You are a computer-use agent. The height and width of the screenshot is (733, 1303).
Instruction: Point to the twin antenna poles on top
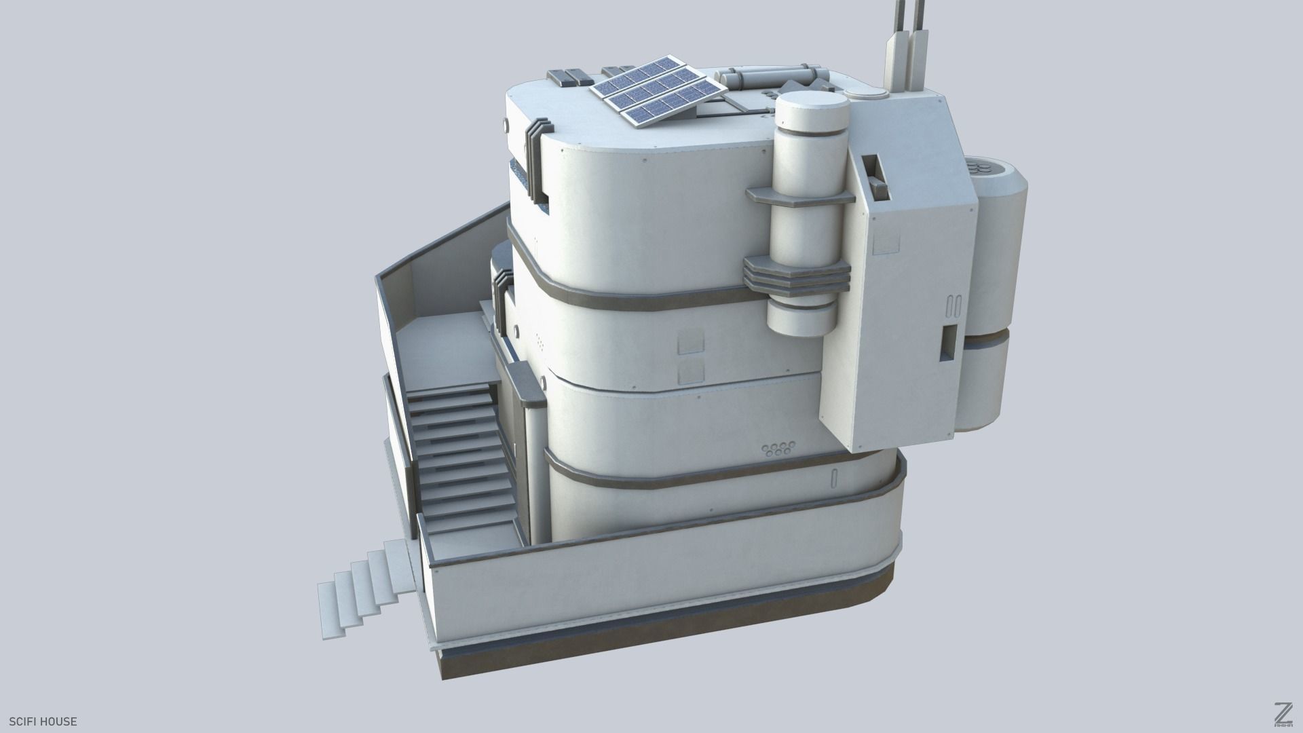point(907,41)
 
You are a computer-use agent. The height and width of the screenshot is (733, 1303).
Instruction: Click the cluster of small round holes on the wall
point(778,449)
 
